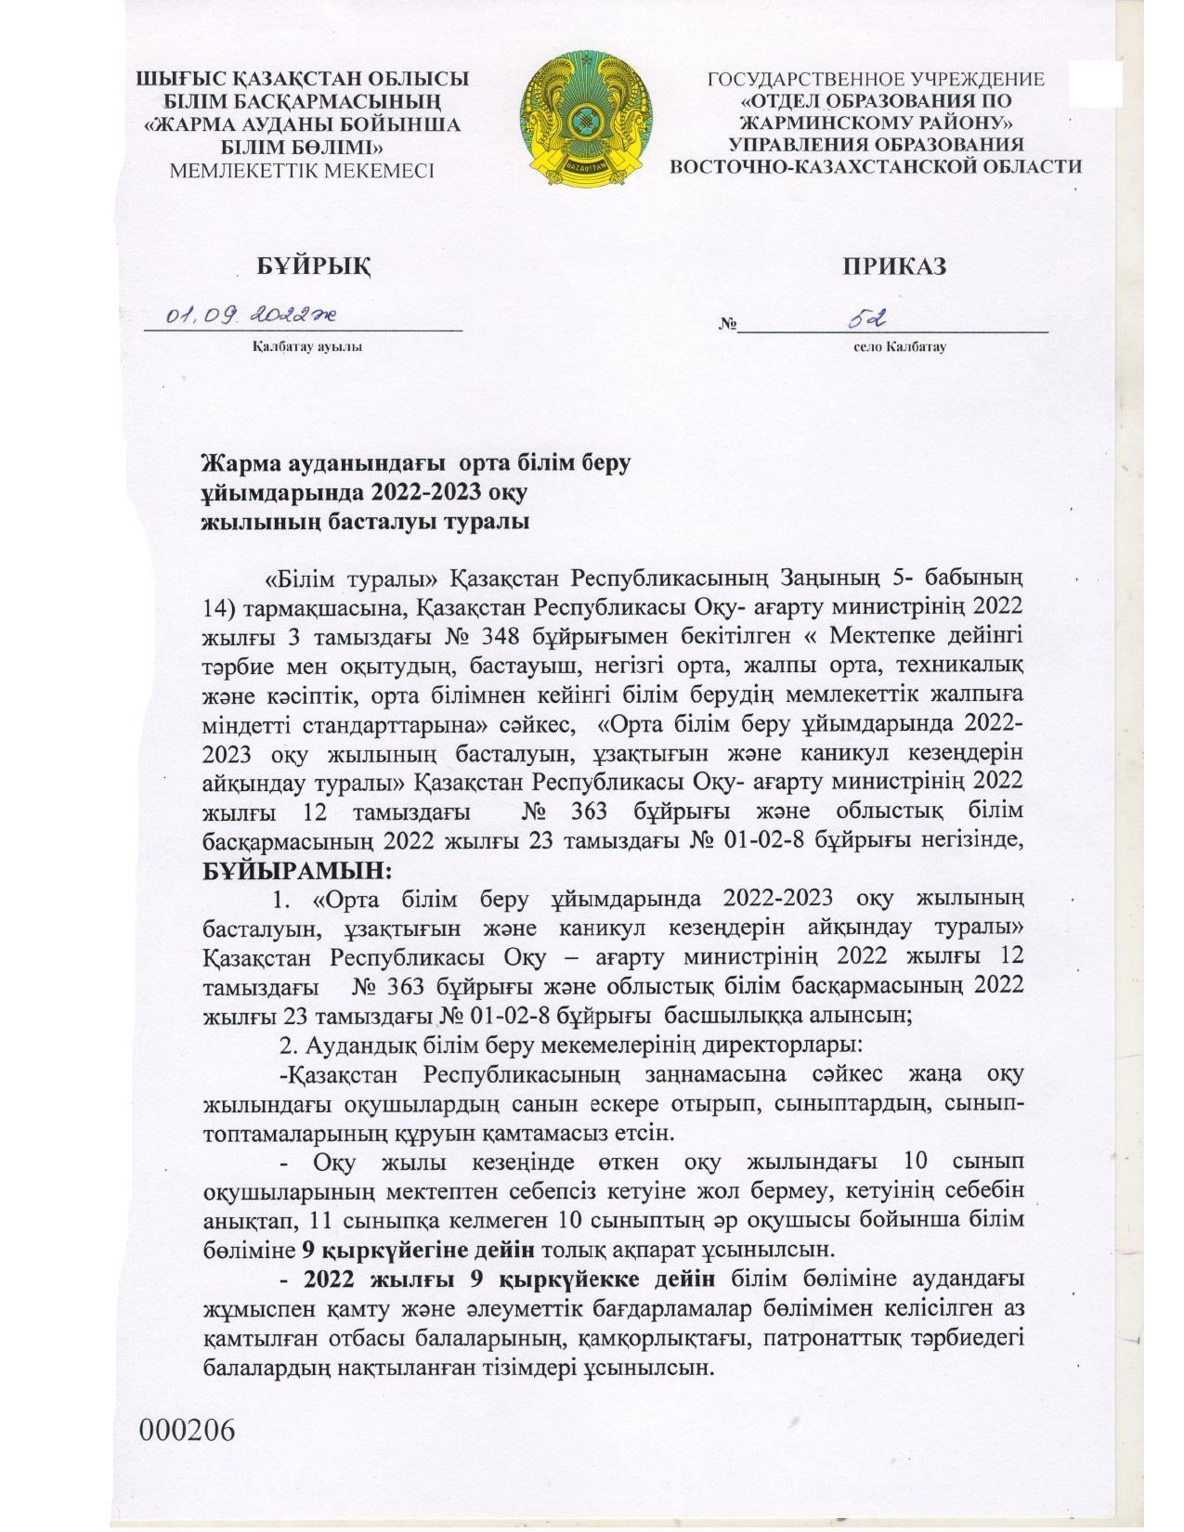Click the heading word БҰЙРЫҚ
coord(313,266)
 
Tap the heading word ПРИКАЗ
coord(894,266)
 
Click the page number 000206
coord(187,1454)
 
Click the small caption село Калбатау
coord(900,347)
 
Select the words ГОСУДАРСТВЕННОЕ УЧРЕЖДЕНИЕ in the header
coord(876,81)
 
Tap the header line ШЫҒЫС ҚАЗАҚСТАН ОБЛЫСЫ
coord(303,81)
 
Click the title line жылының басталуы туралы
coord(367,521)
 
